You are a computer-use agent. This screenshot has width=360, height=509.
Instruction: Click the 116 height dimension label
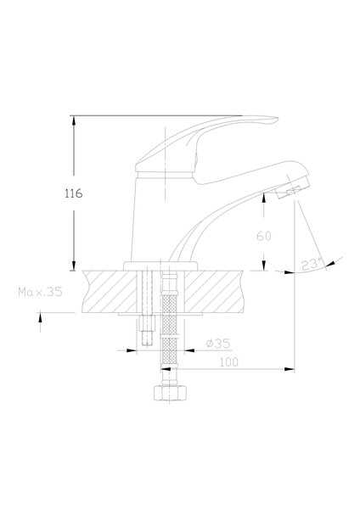74,193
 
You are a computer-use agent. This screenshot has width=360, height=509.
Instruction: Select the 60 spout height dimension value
263,236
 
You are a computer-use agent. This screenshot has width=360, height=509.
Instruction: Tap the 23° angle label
312,264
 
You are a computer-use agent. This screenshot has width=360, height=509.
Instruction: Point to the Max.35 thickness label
40,292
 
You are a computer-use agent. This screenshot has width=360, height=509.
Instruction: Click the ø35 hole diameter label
218,343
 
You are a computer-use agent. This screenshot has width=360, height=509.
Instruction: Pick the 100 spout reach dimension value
228,362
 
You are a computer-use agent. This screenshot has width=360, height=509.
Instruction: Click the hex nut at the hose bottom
171,393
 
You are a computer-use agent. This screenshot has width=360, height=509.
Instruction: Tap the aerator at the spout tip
292,191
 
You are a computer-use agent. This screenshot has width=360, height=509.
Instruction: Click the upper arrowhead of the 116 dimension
74,120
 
